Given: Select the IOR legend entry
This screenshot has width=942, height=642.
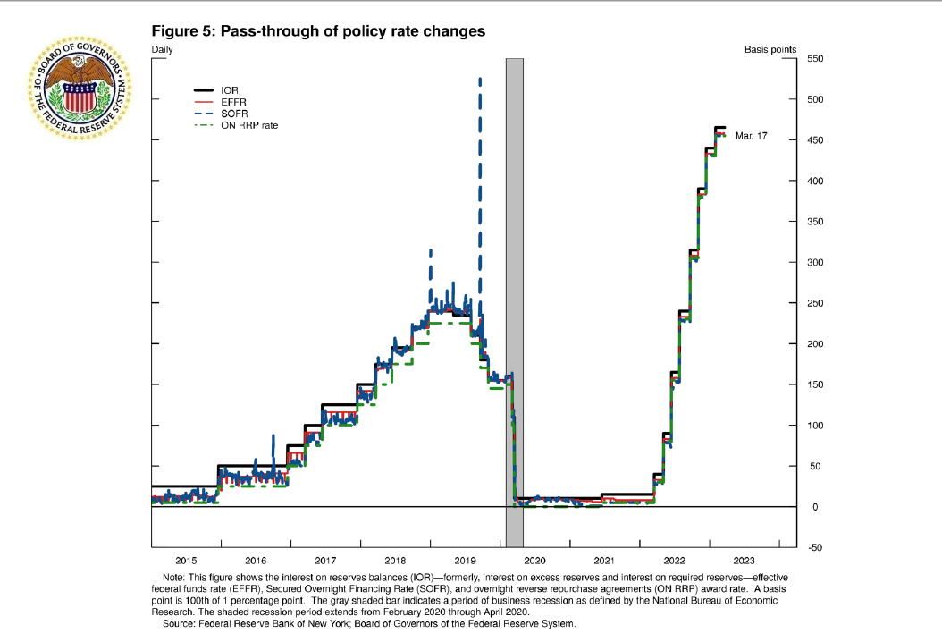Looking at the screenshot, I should [229, 90].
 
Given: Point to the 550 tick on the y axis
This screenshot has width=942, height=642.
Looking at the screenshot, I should [814, 59].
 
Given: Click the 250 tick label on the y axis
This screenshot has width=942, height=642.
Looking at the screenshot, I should [814, 303].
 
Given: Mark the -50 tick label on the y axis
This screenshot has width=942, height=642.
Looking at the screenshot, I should [814, 547].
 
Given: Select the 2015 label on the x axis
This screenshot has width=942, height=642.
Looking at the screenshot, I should [186, 560].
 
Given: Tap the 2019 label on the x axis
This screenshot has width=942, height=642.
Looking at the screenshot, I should [465, 560].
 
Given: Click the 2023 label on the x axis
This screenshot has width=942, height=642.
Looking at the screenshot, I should [744, 560].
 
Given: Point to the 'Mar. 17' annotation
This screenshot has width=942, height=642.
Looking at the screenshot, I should [751, 137].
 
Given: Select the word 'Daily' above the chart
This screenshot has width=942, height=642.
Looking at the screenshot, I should [163, 49].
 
